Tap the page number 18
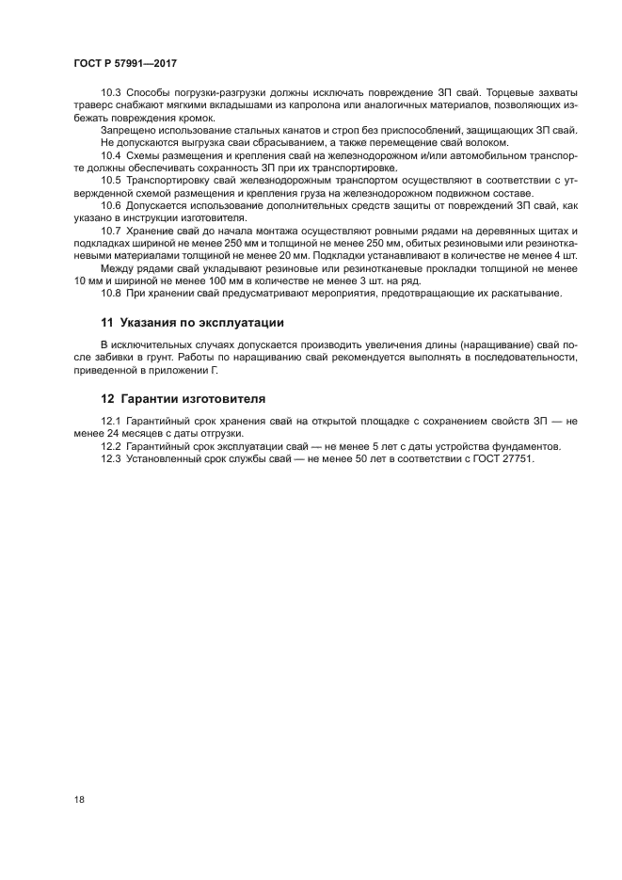click(x=78, y=800)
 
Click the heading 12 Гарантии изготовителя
click(x=183, y=397)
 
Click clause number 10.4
click(x=112, y=152)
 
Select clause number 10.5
click(x=112, y=178)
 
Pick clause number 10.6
click(x=112, y=203)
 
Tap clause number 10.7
click(x=112, y=230)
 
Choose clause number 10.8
click(x=112, y=293)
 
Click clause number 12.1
click(x=112, y=421)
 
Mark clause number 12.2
click(x=112, y=445)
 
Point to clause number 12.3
click(x=112, y=458)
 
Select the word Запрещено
click(x=127, y=129)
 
